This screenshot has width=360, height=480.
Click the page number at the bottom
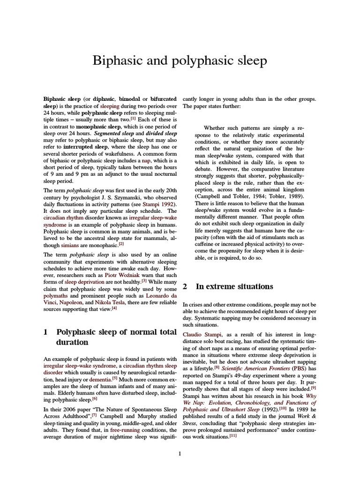(x=180, y=453)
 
